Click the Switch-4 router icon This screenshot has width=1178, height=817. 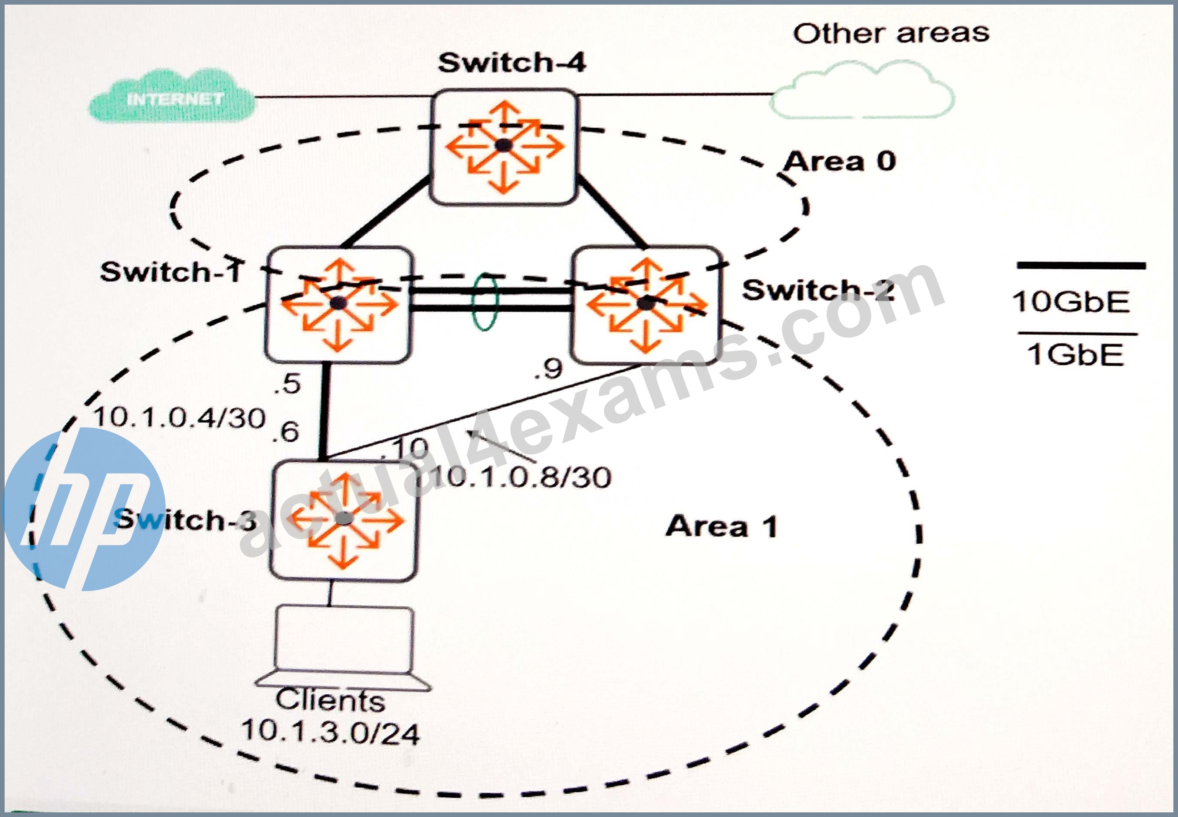click(x=504, y=147)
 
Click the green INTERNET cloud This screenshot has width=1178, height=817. click(x=172, y=97)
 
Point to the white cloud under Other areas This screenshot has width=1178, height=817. click(x=862, y=90)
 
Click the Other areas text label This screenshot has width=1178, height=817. click(x=891, y=33)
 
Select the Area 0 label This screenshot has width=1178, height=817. click(x=840, y=162)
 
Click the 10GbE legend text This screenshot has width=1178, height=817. click(x=1071, y=302)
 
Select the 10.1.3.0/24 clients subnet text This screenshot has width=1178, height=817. click(x=331, y=732)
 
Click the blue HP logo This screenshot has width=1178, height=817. click(x=85, y=509)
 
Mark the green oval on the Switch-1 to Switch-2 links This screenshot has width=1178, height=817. click(x=484, y=301)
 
